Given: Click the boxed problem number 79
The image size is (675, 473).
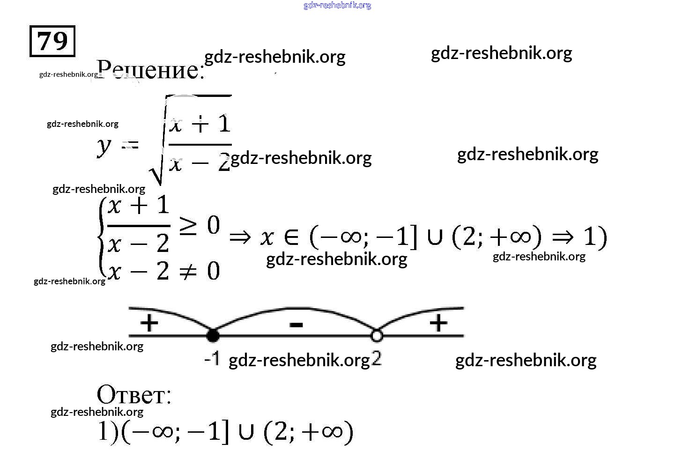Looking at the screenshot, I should coord(52,41).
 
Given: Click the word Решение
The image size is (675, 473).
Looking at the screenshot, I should coord(150,70).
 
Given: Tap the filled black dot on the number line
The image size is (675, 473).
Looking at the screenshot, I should coord(213,335).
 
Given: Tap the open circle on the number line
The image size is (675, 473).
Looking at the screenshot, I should coord(376,335).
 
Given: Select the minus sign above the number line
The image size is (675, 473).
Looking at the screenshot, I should coord(296,324).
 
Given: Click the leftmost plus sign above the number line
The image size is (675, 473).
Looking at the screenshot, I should coord(149,323).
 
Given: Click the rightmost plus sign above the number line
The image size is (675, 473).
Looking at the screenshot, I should coord(438,323).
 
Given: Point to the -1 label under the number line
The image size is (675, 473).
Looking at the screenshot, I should coord(212,359).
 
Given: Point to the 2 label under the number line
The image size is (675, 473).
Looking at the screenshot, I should coord(377,359).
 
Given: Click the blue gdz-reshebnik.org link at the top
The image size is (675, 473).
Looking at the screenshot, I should coord(337,5).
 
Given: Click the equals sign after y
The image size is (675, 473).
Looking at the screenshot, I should coord(130,145).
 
